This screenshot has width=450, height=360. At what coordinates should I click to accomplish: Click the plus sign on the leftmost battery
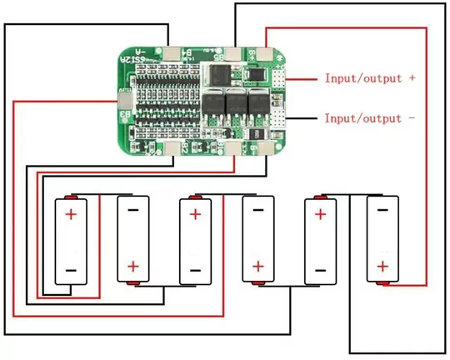71,214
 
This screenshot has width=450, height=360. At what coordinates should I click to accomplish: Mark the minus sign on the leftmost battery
71,269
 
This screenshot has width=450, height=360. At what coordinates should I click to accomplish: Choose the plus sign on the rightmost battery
382,267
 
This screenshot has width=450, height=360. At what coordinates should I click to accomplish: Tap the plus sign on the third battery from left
195,214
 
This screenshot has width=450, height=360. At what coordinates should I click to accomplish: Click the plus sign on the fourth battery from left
258,267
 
